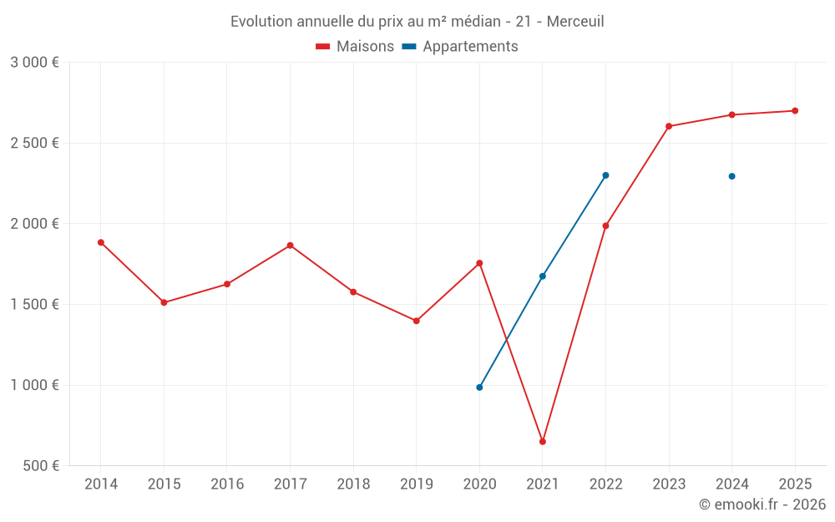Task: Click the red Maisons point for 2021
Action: click(x=543, y=441)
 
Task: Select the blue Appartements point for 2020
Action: click(x=479, y=388)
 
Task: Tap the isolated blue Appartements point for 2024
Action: click(x=732, y=176)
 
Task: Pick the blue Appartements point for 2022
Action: click(x=605, y=175)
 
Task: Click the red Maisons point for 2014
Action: click(x=101, y=242)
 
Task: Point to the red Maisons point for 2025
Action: click(x=795, y=111)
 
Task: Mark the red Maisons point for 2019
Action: click(x=417, y=321)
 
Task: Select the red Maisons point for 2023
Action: click(x=669, y=126)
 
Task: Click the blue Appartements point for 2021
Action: click(x=543, y=276)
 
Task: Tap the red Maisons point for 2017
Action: click(x=290, y=246)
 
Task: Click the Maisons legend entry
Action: click(x=355, y=47)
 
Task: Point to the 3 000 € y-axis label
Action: click(x=34, y=63)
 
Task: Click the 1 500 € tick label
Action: click(x=34, y=305)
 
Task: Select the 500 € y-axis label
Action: click(x=40, y=466)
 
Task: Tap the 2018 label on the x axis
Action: click(x=353, y=484)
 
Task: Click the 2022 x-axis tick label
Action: click(x=605, y=484)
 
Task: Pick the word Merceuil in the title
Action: click(x=575, y=22)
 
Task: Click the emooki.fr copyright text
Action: click(x=762, y=504)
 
